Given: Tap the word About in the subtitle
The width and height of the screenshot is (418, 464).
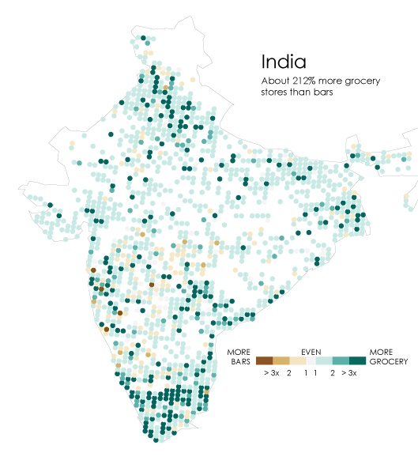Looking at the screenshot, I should pyautogui.click(x=275, y=80).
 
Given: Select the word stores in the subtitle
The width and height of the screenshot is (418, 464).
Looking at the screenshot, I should pyautogui.click(x=275, y=92).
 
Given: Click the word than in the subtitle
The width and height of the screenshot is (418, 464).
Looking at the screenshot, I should pyautogui.click(x=301, y=92).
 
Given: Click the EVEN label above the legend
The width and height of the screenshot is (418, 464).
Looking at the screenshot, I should pyautogui.click(x=311, y=351).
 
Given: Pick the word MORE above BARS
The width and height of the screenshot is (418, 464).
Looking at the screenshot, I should pyautogui.click(x=239, y=351).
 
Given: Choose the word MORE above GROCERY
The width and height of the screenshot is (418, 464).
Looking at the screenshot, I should pyautogui.click(x=382, y=351).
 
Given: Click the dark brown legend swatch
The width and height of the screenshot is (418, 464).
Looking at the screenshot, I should pyautogui.click(x=265, y=360).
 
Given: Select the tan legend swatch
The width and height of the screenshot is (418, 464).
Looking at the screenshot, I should pyautogui.click(x=282, y=360).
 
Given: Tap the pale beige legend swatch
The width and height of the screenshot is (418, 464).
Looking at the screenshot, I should pyautogui.click(x=299, y=360).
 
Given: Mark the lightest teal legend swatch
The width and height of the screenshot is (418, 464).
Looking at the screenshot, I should pyautogui.click(x=323, y=360).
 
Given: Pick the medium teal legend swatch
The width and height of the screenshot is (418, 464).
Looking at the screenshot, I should pyautogui.click(x=341, y=360).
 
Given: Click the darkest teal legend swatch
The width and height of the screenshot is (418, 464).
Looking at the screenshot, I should pyautogui.click(x=358, y=360).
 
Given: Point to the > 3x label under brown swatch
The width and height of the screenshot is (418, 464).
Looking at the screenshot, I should pyautogui.click(x=271, y=372).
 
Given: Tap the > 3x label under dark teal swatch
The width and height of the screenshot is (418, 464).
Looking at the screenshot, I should pyautogui.click(x=349, y=372).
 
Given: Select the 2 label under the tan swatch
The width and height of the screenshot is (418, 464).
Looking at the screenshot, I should pyautogui.click(x=289, y=372).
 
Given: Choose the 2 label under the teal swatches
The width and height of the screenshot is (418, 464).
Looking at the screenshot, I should pyautogui.click(x=333, y=372).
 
